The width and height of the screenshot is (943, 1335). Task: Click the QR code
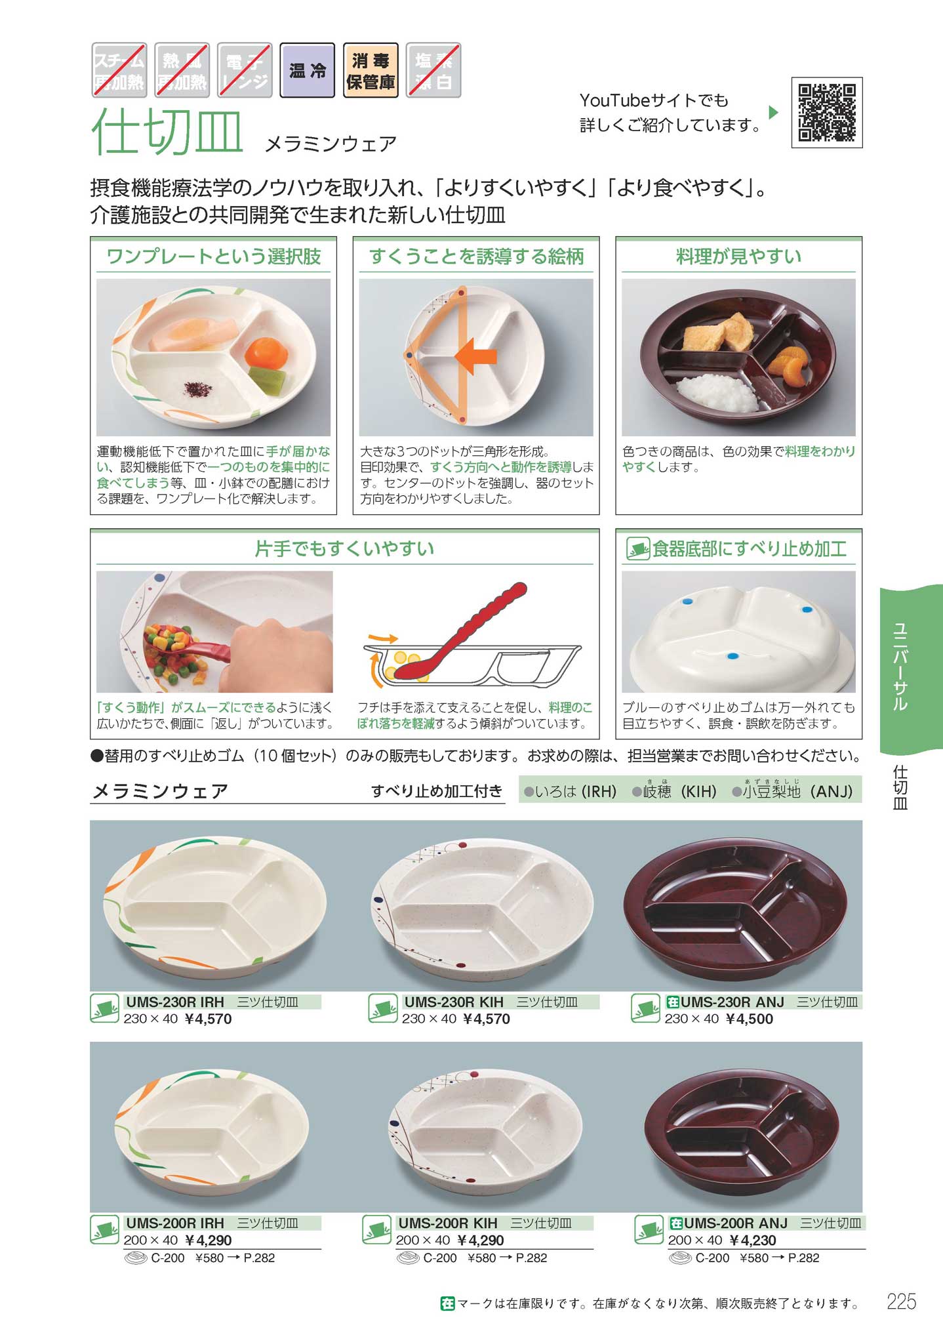(827, 112)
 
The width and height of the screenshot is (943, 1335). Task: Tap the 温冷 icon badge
(308, 70)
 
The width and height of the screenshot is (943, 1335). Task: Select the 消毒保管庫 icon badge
(371, 70)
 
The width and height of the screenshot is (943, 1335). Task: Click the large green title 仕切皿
(168, 131)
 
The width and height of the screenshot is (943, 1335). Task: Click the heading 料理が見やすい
(738, 256)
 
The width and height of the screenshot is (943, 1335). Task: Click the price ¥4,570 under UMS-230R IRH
(209, 1019)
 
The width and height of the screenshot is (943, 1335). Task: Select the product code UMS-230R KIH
(454, 1002)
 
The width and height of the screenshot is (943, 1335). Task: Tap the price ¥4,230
(753, 1240)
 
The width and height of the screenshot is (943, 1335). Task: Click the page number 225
(901, 1301)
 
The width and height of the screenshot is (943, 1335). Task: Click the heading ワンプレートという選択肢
(214, 256)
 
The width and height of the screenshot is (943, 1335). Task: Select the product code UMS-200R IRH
(175, 1223)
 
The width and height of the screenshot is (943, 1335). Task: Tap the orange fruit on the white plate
(266, 352)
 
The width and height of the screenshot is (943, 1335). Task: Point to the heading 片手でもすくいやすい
(344, 548)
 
